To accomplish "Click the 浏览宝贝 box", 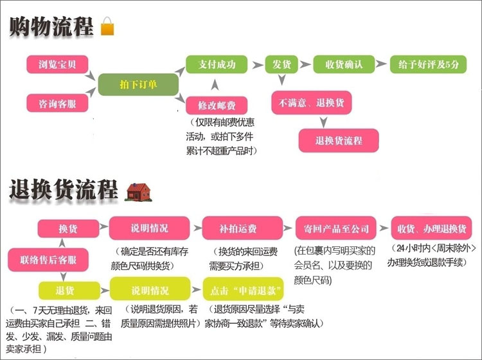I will pyautogui.click(x=57, y=64).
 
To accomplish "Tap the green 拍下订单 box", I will pyautogui.click(x=138, y=85).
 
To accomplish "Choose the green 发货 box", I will pyautogui.click(x=278, y=64).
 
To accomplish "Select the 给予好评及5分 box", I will pyautogui.click(x=427, y=64).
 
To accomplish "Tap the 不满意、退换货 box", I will pyautogui.click(x=311, y=103).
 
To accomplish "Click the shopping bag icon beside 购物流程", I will pyautogui.click(x=107, y=28).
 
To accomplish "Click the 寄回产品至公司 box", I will pyautogui.click(x=335, y=229).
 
